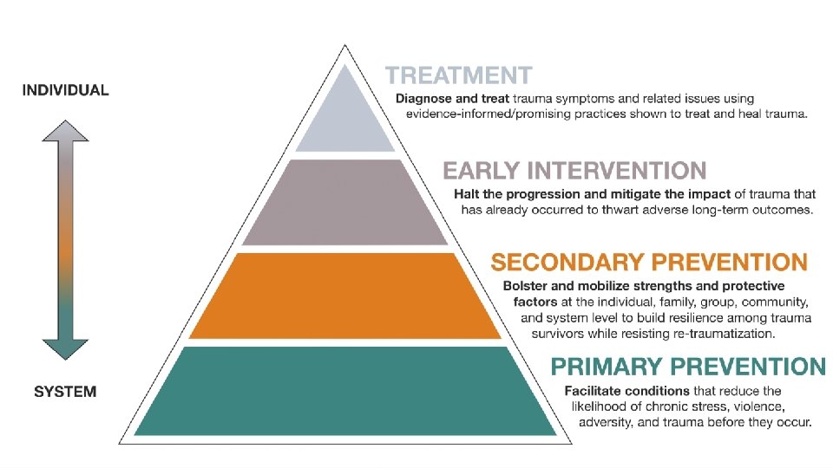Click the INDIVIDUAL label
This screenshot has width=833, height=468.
[66, 90]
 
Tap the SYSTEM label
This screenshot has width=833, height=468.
[65, 392]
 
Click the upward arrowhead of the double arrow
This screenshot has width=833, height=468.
[66, 132]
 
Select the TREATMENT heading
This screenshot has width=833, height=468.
[459, 76]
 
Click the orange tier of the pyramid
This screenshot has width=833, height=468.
[345, 296]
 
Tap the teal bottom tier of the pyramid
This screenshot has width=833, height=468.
[345, 390]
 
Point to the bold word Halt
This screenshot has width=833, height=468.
[469, 194]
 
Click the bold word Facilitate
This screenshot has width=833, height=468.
[595, 391]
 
